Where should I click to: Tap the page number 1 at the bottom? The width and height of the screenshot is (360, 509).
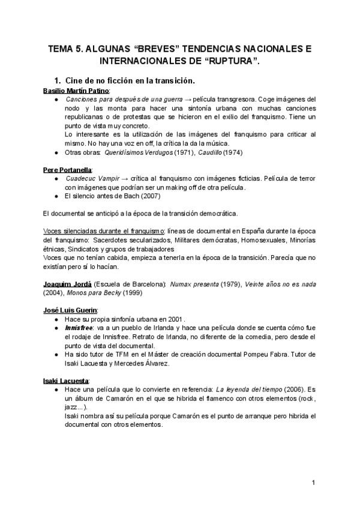(x=314, y=482)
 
